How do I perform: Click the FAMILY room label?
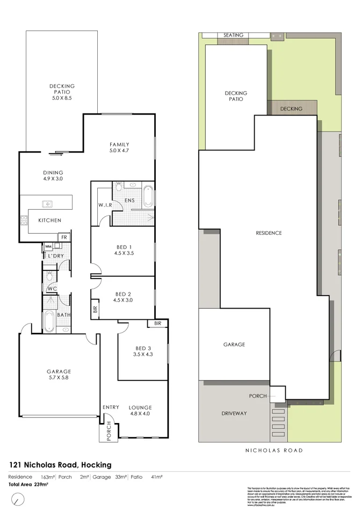click(x=119, y=144)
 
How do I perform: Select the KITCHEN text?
click(x=49, y=220)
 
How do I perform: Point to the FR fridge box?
click(x=63, y=237)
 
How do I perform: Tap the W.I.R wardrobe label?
click(x=104, y=205)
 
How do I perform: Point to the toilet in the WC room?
click(x=49, y=277)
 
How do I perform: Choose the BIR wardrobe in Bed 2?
click(x=95, y=309)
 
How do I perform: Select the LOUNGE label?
click(x=140, y=407)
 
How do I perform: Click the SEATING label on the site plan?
click(x=233, y=35)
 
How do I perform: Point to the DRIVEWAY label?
click(x=234, y=413)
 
